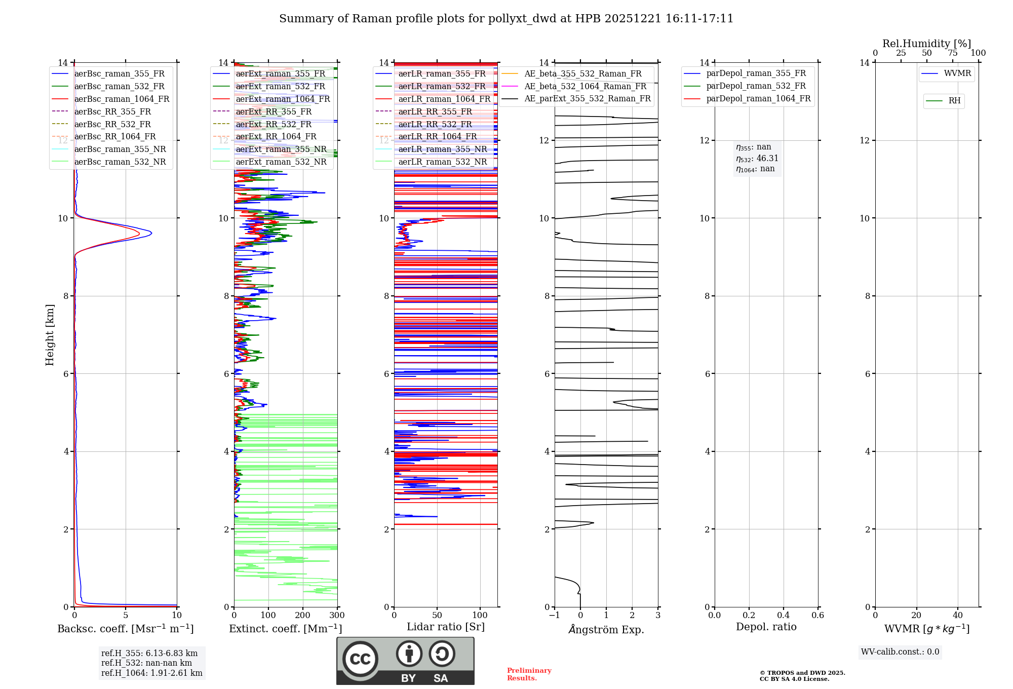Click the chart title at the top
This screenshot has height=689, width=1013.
click(506, 19)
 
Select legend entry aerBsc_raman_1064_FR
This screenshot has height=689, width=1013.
click(122, 99)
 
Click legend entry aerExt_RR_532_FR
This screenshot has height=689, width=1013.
click(274, 124)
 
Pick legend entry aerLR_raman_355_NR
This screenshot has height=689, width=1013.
click(442, 149)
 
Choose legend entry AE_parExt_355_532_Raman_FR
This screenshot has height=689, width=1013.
click(587, 98)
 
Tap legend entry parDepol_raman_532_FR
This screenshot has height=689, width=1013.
click(756, 86)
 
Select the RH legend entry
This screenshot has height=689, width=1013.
click(954, 101)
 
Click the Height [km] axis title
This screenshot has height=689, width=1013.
click(50, 335)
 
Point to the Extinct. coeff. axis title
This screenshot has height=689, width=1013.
click(286, 629)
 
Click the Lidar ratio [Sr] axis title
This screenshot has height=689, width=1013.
click(446, 627)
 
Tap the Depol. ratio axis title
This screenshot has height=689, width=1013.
click(766, 627)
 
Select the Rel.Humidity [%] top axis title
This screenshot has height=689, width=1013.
click(926, 44)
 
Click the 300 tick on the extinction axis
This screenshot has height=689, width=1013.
click(337, 616)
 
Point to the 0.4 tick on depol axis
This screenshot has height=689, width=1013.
click(783, 616)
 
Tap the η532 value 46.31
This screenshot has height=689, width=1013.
click(767, 158)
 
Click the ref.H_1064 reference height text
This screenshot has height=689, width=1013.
click(151, 673)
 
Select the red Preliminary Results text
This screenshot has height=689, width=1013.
click(529, 674)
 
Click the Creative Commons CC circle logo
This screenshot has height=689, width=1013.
click(360, 659)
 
